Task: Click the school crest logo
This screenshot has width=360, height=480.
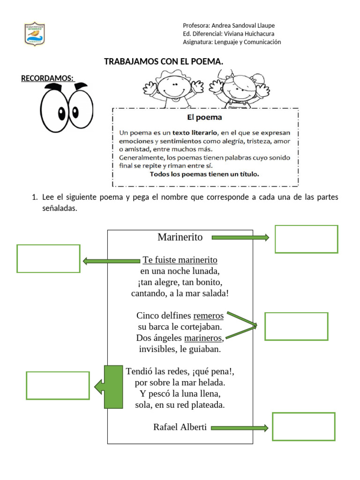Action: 35,34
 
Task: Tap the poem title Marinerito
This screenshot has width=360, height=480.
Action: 180,237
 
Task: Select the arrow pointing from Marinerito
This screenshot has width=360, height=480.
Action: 240,237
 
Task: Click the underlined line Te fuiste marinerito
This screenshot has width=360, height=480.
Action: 180,260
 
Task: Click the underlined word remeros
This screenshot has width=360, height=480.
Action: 209,315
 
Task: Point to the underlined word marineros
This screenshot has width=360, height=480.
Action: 203,338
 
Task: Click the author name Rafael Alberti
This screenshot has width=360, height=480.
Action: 180,427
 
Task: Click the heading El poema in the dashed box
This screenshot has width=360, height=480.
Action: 204,117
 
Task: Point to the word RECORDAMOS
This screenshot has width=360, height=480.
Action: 47,78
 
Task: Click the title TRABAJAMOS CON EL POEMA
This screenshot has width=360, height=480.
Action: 164,61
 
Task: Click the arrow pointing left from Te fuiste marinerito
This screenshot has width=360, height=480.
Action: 112,261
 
